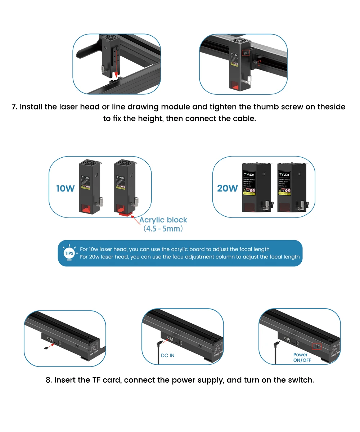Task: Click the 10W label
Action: pos(65,188)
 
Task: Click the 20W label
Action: pos(228,188)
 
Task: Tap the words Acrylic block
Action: pos(163,220)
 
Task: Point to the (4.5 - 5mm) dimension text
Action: pos(163,229)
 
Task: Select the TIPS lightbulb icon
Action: pos(69,253)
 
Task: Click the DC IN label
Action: pos(167,356)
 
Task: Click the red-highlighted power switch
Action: pos(316,347)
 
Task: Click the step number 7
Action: pos(14,107)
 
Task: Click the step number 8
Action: pos(48,380)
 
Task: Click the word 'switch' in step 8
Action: pos(302,380)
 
